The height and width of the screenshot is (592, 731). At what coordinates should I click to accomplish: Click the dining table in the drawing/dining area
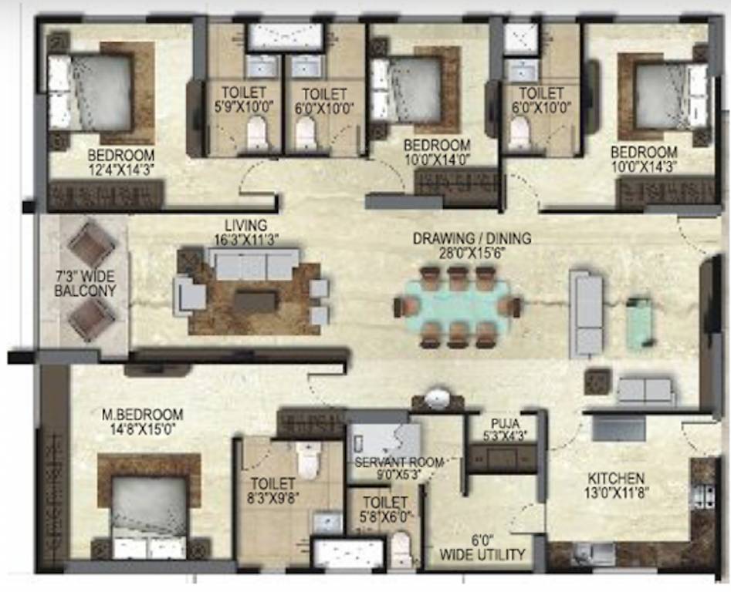tap(452, 304)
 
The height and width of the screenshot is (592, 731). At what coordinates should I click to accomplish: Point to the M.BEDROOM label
tap(143, 414)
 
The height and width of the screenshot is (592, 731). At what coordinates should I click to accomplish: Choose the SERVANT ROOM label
tap(398, 462)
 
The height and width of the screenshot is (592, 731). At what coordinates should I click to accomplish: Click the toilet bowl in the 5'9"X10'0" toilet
tap(256, 136)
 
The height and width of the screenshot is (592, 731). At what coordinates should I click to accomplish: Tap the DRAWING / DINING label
tap(472, 239)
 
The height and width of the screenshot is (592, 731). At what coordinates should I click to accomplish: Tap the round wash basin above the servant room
tap(438, 399)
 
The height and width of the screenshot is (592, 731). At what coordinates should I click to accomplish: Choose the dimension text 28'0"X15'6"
tap(472, 252)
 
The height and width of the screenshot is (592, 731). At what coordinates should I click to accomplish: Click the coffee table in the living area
tap(255, 301)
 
